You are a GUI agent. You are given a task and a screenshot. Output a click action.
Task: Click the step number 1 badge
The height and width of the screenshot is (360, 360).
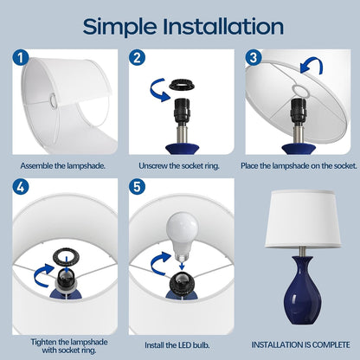pyautogui.click(x=21, y=57)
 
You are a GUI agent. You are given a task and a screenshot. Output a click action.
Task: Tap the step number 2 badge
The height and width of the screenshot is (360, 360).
pyautogui.click(x=137, y=57)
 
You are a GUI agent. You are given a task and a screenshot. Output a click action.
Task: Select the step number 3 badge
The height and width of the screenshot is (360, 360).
pyautogui.click(x=254, y=57)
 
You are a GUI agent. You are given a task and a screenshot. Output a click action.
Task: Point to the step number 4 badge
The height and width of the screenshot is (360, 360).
pyautogui.click(x=21, y=187)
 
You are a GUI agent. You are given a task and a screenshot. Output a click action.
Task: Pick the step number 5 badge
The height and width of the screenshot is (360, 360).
pyautogui.click(x=137, y=187)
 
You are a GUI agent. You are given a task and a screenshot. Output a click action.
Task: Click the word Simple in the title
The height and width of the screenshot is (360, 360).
pyautogui.click(x=119, y=27)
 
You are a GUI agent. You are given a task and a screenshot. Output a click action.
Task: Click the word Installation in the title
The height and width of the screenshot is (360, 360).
pyautogui.click(x=223, y=26)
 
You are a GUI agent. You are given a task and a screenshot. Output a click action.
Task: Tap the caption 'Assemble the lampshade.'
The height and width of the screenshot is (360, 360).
pyautogui.click(x=62, y=166)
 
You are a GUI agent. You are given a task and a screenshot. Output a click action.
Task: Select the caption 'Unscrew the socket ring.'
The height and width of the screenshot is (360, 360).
pyautogui.click(x=179, y=166)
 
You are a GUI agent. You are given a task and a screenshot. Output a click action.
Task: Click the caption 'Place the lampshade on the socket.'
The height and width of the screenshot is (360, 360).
pyautogui.click(x=299, y=166)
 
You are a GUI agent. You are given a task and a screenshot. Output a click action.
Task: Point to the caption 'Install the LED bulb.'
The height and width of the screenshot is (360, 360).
pyautogui.click(x=177, y=345)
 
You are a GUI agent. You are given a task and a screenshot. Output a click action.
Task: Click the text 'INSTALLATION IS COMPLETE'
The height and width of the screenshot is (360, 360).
pyautogui.click(x=300, y=344)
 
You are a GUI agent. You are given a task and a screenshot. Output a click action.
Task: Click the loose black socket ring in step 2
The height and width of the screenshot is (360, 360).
pyautogui.click(x=183, y=86)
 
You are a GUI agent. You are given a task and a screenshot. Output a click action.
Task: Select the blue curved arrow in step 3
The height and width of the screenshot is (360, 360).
pyautogui.click(x=312, y=66)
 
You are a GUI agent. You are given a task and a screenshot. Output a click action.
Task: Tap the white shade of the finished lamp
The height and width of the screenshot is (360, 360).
pyautogui.click(x=303, y=219)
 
